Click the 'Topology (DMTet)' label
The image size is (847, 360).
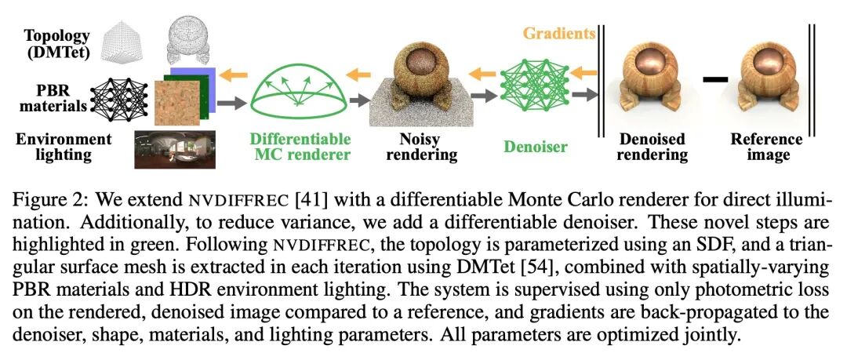pyautogui.click(x=56, y=44)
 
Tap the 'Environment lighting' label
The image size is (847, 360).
pyautogui.click(x=64, y=147)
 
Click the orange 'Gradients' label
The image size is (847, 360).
pyautogui.click(x=558, y=34)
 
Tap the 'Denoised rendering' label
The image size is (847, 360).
pyautogui.click(x=652, y=147)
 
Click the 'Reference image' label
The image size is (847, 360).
pyautogui.click(x=767, y=147)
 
